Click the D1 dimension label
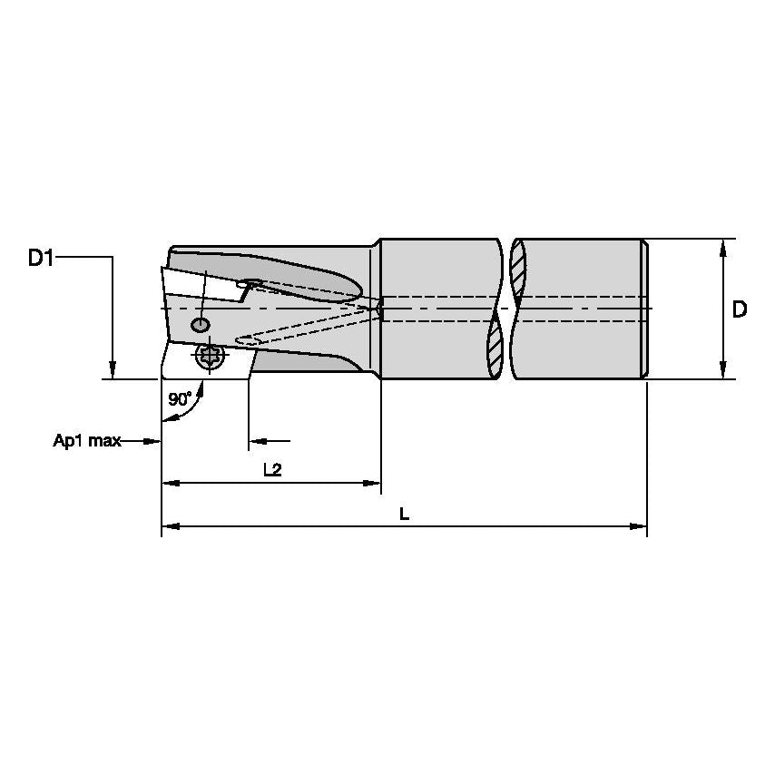click(41, 259)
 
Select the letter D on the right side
click(740, 309)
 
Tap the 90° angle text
click(180, 399)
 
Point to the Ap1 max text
click(86, 441)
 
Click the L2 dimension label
click(272, 469)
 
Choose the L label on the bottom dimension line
click(405, 514)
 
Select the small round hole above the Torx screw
click(200, 325)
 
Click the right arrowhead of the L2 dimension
click(372, 483)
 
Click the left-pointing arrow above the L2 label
click(258, 441)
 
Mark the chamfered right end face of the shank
click(645, 309)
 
